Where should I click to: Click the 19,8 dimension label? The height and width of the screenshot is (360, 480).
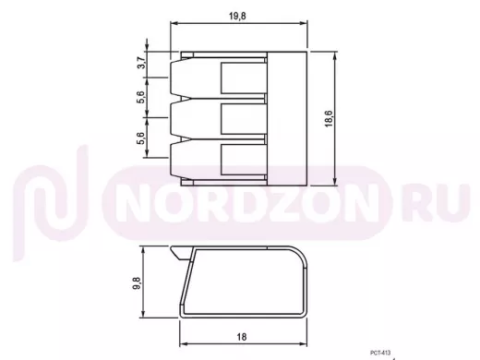pyautogui.click(x=237, y=16)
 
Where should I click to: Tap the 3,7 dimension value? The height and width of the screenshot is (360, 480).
pyautogui.click(x=141, y=63)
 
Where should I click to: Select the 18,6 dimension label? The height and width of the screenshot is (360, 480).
pyautogui.click(x=329, y=118)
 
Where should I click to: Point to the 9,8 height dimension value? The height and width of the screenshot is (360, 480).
pyautogui.click(x=137, y=283)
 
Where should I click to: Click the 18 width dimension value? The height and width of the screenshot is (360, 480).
pyautogui.click(x=242, y=337)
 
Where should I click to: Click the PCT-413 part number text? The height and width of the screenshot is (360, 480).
pyautogui.click(x=380, y=353)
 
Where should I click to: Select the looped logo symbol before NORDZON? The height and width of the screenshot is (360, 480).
pyautogui.click(x=50, y=203)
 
